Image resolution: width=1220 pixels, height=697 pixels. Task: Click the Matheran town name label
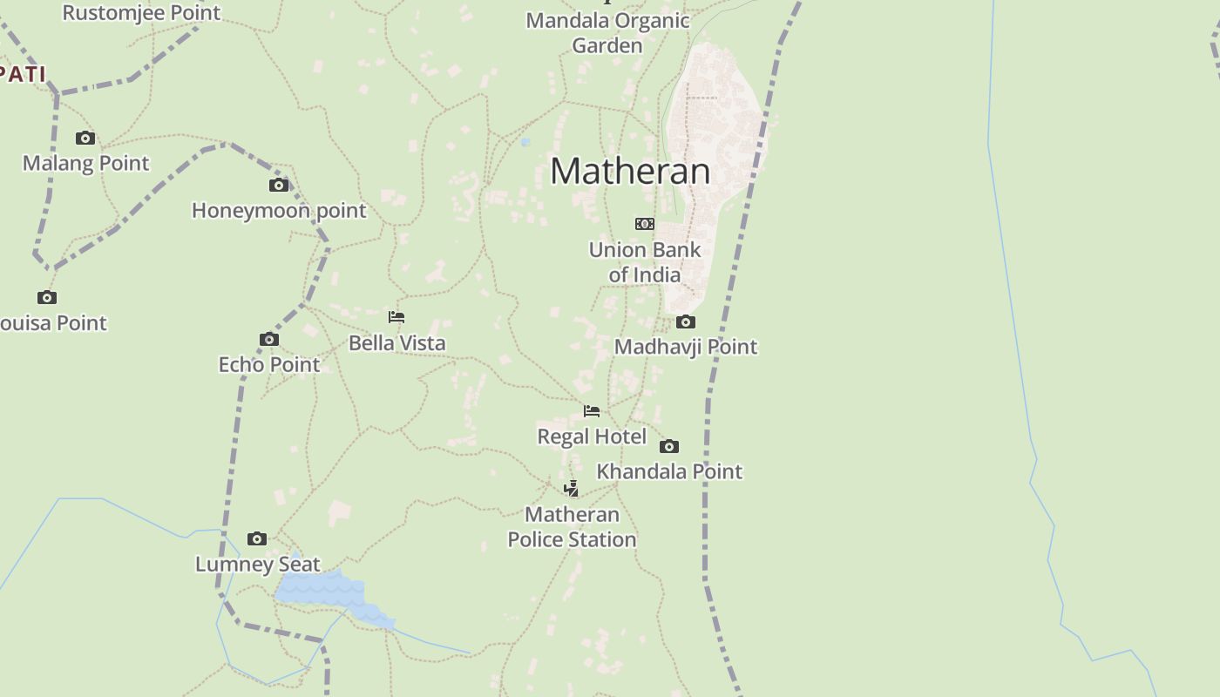click(630, 171)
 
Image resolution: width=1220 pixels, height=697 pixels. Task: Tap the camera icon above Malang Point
click(85, 138)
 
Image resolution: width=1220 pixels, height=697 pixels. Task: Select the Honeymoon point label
click(279, 210)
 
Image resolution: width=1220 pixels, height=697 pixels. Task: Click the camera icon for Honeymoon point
click(279, 185)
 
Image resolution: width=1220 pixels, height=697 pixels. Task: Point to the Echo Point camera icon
click(269, 339)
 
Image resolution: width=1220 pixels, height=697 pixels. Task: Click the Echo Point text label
click(269, 364)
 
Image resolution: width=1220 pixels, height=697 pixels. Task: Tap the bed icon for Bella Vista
click(396, 317)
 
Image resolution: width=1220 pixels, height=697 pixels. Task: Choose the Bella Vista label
click(396, 342)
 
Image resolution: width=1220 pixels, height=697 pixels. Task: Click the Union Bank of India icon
click(645, 224)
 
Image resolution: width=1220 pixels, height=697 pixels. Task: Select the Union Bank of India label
click(645, 262)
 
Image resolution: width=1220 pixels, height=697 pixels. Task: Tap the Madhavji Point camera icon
click(686, 321)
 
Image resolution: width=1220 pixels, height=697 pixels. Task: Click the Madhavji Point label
click(686, 347)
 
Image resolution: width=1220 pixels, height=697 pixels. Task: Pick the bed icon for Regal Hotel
click(592, 411)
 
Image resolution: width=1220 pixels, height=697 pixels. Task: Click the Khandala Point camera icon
click(669, 446)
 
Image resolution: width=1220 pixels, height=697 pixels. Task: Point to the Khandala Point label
click(669, 471)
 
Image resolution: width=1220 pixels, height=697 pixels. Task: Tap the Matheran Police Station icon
click(572, 488)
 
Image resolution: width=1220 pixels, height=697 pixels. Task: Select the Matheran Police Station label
click(572, 527)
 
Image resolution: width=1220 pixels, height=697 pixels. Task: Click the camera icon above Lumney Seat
click(257, 538)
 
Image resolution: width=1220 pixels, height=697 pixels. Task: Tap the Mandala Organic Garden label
click(607, 32)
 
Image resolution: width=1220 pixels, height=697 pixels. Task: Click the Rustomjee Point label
click(141, 12)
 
